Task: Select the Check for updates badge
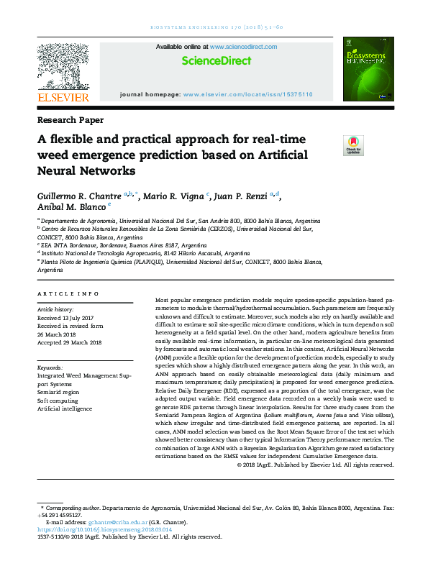click(x=353, y=145)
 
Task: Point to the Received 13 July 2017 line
click(x=67, y=317)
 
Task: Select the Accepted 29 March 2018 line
click(x=69, y=342)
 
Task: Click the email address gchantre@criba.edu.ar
click(x=115, y=522)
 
